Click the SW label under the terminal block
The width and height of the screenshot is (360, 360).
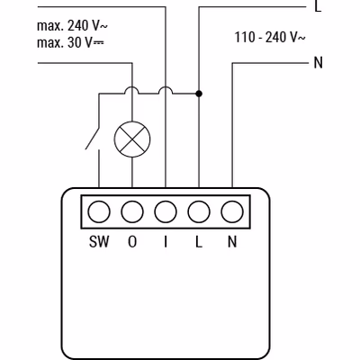[99, 241]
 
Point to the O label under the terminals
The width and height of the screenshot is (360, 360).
[132, 241]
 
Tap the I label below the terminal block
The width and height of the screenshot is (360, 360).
[166, 241]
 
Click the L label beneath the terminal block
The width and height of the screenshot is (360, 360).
[199, 241]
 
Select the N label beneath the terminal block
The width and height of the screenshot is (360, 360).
[232, 241]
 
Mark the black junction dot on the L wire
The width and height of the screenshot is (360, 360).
[199, 94]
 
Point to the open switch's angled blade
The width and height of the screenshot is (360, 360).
[93, 139]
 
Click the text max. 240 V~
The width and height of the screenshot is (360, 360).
[72, 26]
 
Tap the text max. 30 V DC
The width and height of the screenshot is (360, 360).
[70, 43]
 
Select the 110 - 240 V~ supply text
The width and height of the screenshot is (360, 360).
[270, 37]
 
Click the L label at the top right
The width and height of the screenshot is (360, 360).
[318, 6]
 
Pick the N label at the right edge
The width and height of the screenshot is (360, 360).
[319, 63]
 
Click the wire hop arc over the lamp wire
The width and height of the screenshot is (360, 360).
[132, 87]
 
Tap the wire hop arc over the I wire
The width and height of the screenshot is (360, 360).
[166, 87]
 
